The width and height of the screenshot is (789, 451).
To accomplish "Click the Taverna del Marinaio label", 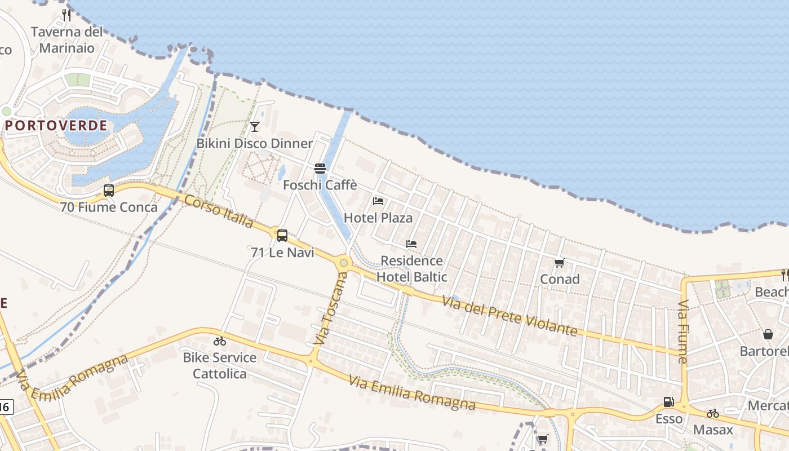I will pos(67,39).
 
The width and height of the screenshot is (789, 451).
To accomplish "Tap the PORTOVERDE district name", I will pos(56,125).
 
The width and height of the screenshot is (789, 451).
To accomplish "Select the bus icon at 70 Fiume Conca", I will pos(109,191).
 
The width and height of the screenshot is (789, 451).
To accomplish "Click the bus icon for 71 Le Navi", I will pos(282,235).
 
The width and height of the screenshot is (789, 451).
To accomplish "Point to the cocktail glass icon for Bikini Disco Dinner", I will pos(255,126).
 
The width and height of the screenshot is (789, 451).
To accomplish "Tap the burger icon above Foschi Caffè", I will pos(320,168).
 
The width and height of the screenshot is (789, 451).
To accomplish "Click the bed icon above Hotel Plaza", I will pos(378,201).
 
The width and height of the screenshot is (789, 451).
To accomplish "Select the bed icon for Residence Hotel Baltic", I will pos(411,244).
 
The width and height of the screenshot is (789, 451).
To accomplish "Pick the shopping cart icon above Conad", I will pos(560,263).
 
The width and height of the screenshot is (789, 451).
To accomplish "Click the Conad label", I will pos(560,279).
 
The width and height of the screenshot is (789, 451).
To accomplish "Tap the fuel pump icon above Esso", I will pos(669,402).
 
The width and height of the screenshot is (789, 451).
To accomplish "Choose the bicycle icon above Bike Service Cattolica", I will pos(220,341).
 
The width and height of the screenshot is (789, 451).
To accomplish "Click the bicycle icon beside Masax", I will pos(713,413).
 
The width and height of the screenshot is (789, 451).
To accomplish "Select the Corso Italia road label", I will pos(219,211).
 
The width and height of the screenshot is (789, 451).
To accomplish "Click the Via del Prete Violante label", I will pos(510,316).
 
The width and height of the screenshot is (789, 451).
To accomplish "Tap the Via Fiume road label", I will pos(683,331).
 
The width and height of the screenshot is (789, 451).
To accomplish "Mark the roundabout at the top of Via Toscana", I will pos(344,263).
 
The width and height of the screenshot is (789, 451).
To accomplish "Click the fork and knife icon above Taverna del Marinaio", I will pos(67,15).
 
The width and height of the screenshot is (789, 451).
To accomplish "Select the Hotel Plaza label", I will pos(378,218).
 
